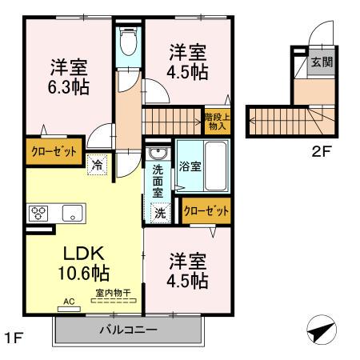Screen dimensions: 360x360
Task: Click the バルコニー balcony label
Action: pos(128,330)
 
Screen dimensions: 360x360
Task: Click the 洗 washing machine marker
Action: pos(160,213)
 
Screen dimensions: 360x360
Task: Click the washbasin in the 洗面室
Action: pos(157,153)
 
